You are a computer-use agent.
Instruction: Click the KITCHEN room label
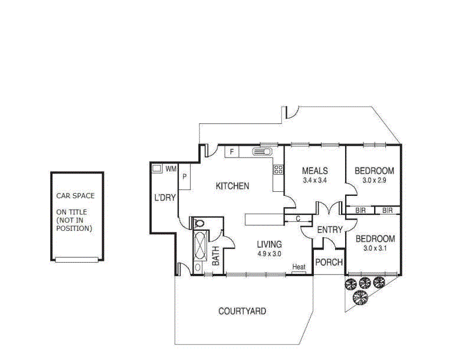point(232,186)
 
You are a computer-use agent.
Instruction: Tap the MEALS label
point(314,172)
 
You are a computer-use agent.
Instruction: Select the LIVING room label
point(269,244)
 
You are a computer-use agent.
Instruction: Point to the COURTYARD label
point(242,311)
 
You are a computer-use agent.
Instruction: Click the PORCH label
point(328,262)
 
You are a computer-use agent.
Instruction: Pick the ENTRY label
point(330,230)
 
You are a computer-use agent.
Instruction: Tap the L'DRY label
point(165,198)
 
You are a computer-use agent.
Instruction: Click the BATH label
point(216,256)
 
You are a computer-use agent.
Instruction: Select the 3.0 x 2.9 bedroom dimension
point(373,181)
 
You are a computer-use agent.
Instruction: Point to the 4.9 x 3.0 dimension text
point(269,254)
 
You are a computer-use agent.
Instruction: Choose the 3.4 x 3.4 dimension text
point(314,181)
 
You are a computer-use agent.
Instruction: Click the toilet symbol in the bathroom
point(199,223)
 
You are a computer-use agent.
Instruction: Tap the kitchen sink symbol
point(261,152)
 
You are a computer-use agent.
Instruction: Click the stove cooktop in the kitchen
point(278,170)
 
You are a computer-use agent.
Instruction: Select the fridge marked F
point(232,152)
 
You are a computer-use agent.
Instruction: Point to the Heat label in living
point(299,267)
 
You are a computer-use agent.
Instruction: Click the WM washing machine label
point(171,169)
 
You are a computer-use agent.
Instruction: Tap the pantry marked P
point(184,176)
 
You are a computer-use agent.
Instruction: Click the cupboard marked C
point(299,218)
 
